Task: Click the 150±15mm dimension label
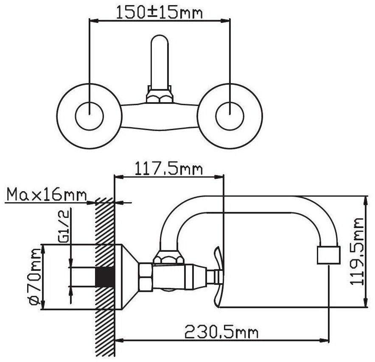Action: (159, 12)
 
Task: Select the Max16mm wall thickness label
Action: (46, 195)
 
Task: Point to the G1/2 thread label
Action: (64, 226)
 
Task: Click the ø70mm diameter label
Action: (34, 277)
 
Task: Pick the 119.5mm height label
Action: (357, 251)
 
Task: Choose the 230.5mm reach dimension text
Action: (221, 331)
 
